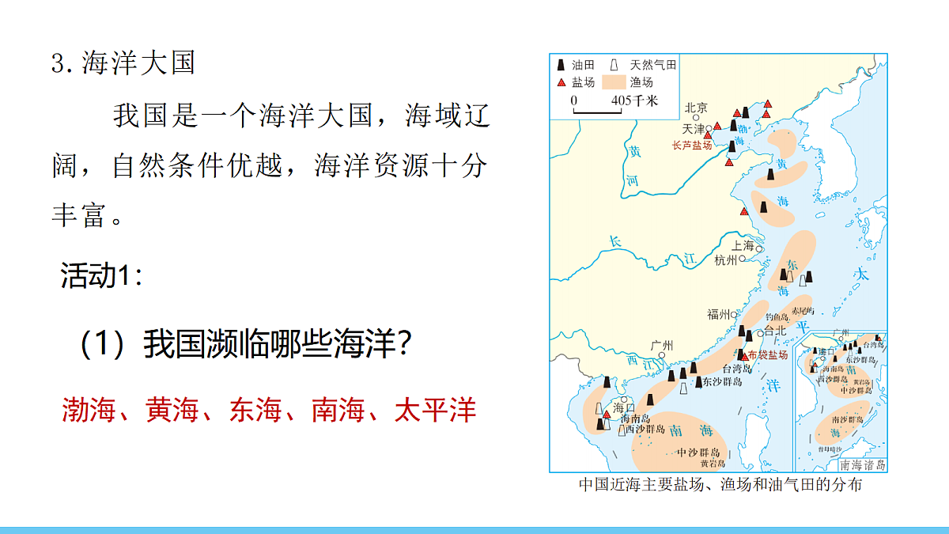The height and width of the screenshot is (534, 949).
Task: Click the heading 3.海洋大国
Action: pos(123,63)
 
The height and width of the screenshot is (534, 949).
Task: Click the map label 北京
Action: pos(696,108)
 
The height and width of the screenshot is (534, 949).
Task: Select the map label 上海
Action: pos(743,246)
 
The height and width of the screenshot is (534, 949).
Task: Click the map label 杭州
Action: pos(725,259)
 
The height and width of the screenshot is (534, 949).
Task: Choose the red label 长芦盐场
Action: pos(692,146)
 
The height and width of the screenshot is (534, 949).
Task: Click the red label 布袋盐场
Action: pos(768,355)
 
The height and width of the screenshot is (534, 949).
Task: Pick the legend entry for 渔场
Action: pos(641,82)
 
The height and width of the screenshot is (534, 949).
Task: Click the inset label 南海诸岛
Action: pos(863,465)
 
